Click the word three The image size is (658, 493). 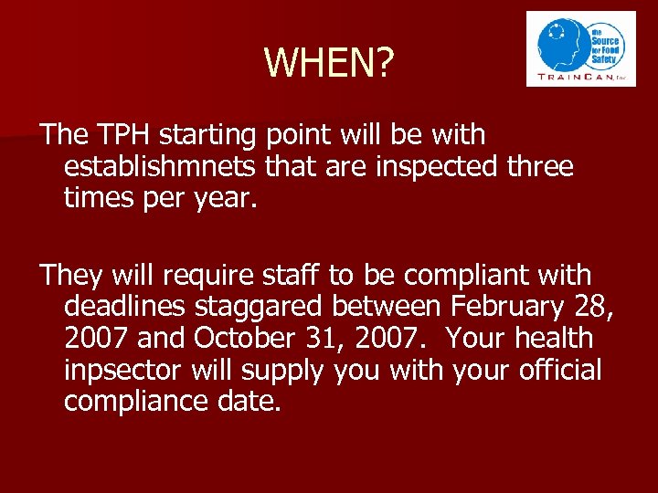(540, 167)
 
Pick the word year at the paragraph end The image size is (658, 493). (221, 199)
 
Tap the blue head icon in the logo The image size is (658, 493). (563, 44)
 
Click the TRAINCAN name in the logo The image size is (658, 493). (576, 78)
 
